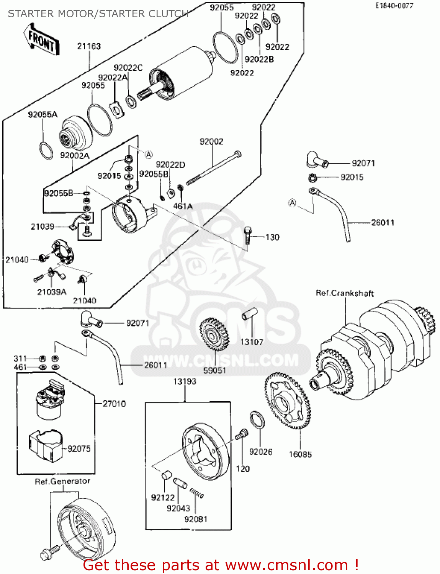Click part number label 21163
point(89,46)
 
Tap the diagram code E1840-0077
point(394,6)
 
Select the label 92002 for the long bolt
point(211,142)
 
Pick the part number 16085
point(300,454)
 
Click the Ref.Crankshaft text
point(345,294)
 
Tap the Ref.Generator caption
point(62,481)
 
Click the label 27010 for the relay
point(114,404)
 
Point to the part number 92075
point(79,448)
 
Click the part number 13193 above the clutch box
point(185,382)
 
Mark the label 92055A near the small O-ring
point(43,114)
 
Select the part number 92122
point(162,497)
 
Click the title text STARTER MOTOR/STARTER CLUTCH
point(98,14)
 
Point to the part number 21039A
point(52,292)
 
